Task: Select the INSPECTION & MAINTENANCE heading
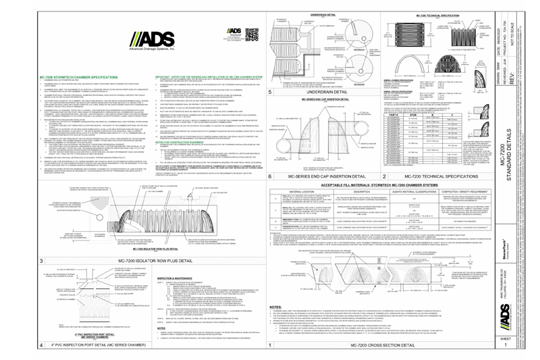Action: [x=155, y=276]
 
